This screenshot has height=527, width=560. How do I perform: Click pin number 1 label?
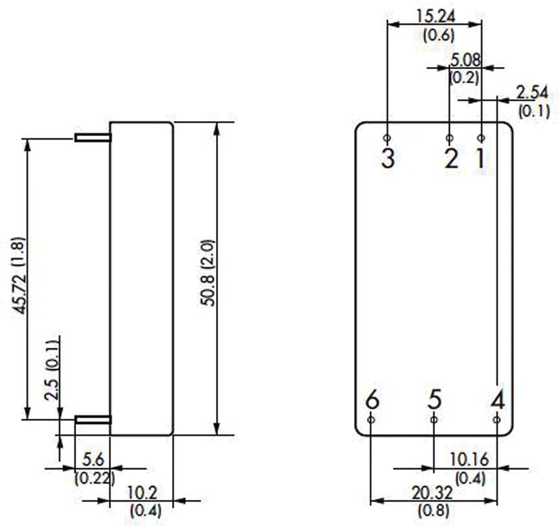tap(480, 158)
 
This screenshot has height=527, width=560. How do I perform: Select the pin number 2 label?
tap(451, 158)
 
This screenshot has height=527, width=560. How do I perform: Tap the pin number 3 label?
tap(387, 158)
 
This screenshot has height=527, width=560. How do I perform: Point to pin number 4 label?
tap(498, 399)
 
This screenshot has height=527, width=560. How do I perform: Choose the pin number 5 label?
tap(434, 399)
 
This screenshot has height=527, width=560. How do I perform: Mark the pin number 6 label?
tap(371, 399)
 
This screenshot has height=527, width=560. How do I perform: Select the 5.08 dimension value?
tap(466, 60)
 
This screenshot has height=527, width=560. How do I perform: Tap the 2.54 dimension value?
tap(532, 92)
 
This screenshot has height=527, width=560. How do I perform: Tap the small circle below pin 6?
tap(371, 419)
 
